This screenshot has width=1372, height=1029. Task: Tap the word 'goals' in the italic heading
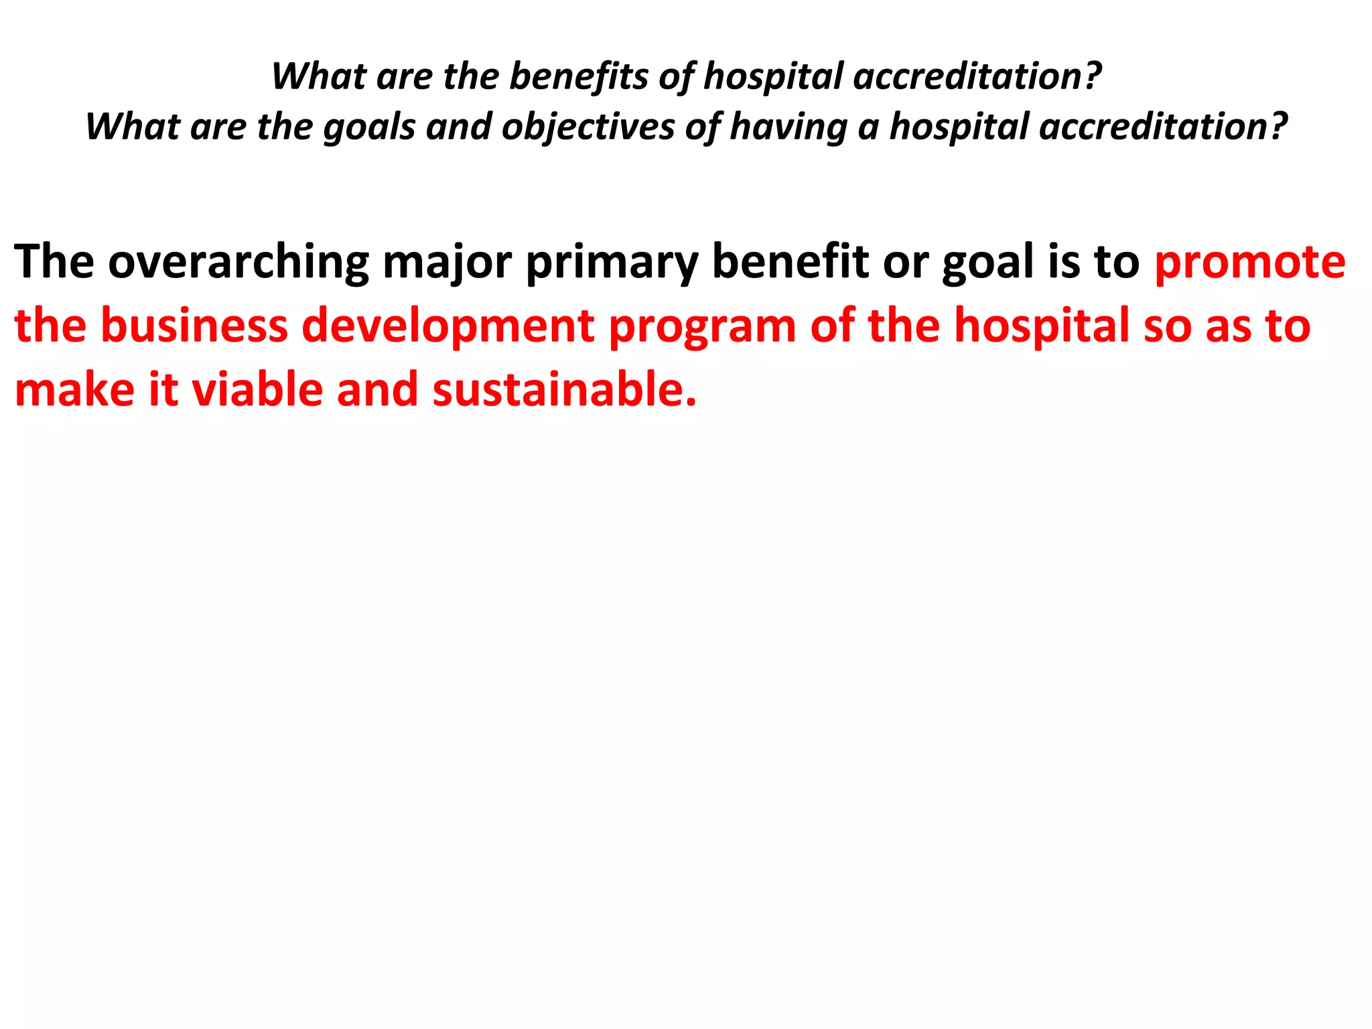click(x=369, y=127)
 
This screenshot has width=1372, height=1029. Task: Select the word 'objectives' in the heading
click(x=588, y=127)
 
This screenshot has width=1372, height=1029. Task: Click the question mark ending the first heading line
click(x=1093, y=76)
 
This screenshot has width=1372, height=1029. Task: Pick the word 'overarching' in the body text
click(x=238, y=263)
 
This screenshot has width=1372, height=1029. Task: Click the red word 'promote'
click(x=1249, y=263)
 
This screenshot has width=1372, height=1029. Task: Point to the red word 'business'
click(x=194, y=326)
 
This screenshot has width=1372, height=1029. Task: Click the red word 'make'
click(x=74, y=390)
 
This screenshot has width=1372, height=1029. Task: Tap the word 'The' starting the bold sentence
click(x=54, y=261)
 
